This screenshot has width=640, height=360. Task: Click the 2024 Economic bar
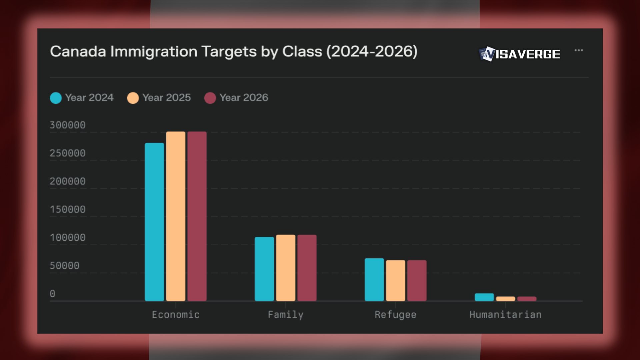coord(154,222)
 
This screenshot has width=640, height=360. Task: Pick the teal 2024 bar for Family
coord(264,269)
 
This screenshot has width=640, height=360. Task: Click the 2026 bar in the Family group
coord(307,268)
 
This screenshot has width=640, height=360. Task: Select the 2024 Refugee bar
coord(374,279)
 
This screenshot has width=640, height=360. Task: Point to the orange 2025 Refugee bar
coord(396,280)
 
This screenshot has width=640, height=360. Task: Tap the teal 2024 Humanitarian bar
coord(484,297)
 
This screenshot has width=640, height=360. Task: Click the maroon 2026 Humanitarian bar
coord(527,299)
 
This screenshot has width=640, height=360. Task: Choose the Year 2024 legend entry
coord(82,98)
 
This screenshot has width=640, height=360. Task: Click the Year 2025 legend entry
coord(159,98)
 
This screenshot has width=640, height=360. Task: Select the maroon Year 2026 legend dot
coord(210,98)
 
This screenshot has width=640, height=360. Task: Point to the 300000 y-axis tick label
coord(68,125)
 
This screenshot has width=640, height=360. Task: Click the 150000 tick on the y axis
coord(68,209)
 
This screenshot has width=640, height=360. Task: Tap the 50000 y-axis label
coord(65,266)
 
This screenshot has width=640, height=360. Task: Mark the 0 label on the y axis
coord(53,294)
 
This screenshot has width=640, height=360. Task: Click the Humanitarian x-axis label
coord(505,315)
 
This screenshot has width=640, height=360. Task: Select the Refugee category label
coord(395,315)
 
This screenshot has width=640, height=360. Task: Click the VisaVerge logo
coord(519,54)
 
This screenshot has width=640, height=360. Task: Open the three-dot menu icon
coord(579,50)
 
